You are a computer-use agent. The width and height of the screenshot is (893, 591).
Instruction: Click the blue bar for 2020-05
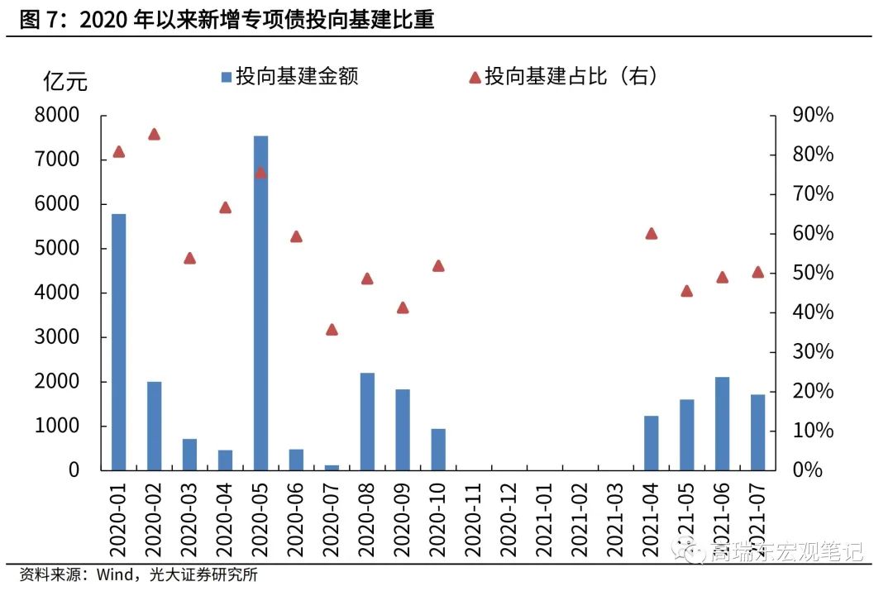point(260,303)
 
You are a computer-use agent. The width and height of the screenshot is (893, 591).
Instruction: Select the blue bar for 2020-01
point(118,341)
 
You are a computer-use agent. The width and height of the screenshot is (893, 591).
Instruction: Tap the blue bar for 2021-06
point(722,423)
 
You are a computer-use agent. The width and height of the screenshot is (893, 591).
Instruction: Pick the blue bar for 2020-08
point(367,422)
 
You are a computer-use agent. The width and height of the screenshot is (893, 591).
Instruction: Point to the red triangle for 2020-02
point(154,135)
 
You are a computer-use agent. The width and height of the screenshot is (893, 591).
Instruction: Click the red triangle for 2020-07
point(332,329)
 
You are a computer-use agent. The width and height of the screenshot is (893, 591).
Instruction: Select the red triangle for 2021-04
point(651,233)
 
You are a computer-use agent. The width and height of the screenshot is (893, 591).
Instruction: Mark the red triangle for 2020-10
point(438,266)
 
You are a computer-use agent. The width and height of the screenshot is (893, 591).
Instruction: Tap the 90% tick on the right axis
point(813,115)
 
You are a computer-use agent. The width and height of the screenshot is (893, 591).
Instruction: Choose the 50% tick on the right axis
point(813,273)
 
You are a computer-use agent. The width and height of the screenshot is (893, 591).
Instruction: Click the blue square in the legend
point(225,77)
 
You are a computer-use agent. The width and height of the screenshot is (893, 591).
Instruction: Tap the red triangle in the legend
point(475,77)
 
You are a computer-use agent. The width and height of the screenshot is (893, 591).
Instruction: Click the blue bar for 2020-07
point(332,468)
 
